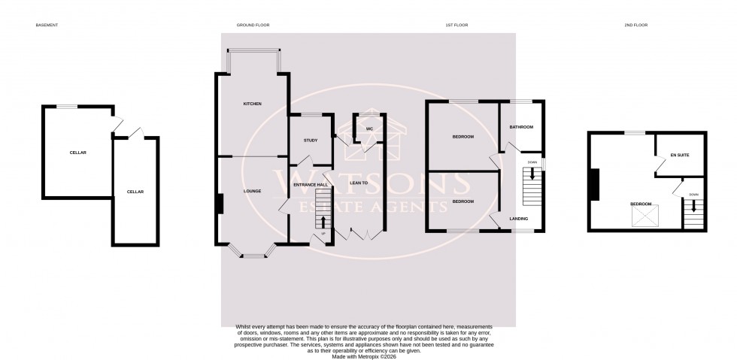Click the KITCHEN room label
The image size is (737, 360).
click(252, 104)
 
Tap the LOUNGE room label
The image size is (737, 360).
click(252, 192)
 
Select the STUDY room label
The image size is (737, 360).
click(311, 141)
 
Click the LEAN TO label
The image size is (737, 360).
click(358, 182)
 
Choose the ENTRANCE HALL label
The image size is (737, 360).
click(310, 185)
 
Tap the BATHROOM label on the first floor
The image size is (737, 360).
click(521, 128)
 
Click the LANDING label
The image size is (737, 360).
click(518, 219)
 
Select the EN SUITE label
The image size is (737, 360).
click(680, 156)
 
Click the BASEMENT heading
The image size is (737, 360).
click(47, 26)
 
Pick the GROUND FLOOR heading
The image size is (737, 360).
click(253, 26)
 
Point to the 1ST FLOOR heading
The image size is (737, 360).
click(456, 26)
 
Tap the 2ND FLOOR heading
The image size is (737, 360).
click(636, 26)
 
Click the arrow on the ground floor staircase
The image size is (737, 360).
click(323, 221)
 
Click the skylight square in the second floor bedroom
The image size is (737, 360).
click(643, 217)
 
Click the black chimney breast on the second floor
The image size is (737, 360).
click(595, 185)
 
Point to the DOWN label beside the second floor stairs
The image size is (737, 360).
click(693, 195)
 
